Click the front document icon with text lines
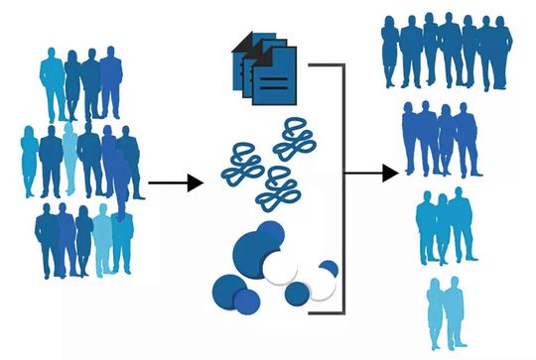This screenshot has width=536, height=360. click(272, 81)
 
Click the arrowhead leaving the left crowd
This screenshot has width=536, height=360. click(195, 182)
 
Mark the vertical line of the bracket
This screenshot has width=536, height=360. click(343, 188)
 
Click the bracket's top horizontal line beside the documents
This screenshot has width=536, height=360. click(326, 65)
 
